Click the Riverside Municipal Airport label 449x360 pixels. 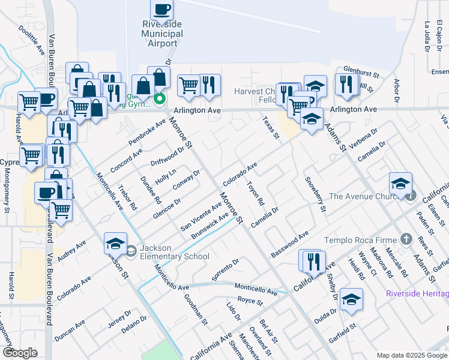(162, 33)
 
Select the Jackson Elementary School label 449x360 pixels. (174, 252)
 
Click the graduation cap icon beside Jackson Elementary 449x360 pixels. (115, 243)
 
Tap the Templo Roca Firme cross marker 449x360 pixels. (406, 240)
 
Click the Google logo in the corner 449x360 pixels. (20, 353)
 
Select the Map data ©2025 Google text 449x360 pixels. (412, 355)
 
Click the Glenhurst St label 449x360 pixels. (361, 73)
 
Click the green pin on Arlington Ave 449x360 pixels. (160, 99)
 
